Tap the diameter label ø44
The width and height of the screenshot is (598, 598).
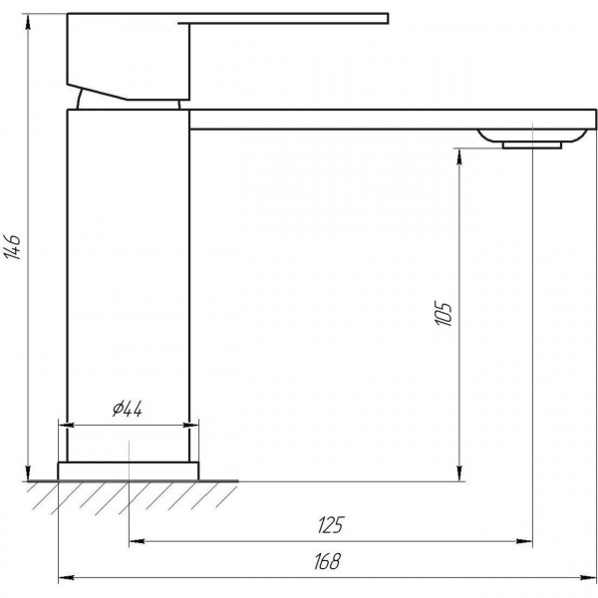[x=128, y=409]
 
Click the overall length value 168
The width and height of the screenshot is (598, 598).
[x=323, y=561]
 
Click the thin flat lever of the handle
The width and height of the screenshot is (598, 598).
[x=289, y=16]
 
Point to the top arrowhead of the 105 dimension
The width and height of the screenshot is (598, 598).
[x=459, y=155]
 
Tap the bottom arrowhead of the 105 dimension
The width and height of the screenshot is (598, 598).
[x=459, y=472]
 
